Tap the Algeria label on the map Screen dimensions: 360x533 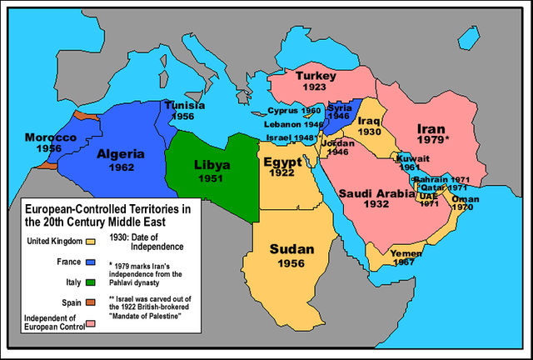(x=121, y=154)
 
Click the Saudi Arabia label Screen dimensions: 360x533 (x=377, y=193)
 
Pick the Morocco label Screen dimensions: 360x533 (x=50, y=137)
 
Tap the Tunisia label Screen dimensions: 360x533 (x=184, y=106)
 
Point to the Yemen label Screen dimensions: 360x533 (x=406, y=252)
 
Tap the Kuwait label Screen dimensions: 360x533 (x=413, y=157)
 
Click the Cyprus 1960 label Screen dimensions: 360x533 (x=293, y=111)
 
